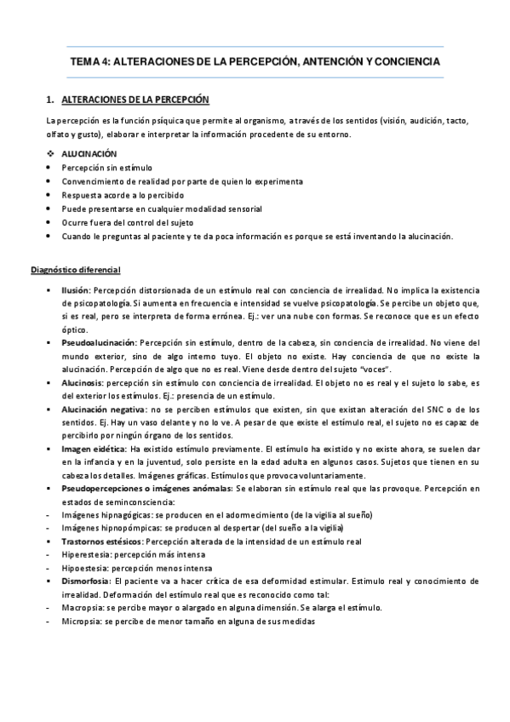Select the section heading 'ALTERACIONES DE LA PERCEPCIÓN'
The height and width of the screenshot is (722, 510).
pyautogui.click(x=136, y=100)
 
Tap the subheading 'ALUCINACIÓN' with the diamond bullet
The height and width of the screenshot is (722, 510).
pyautogui.click(x=89, y=154)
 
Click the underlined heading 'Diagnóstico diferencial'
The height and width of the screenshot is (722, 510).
pyautogui.click(x=75, y=271)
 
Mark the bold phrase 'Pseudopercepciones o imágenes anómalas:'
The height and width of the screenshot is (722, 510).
pyautogui.click(x=146, y=488)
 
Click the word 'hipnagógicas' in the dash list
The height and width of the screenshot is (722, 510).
pyautogui.click(x=125, y=514)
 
